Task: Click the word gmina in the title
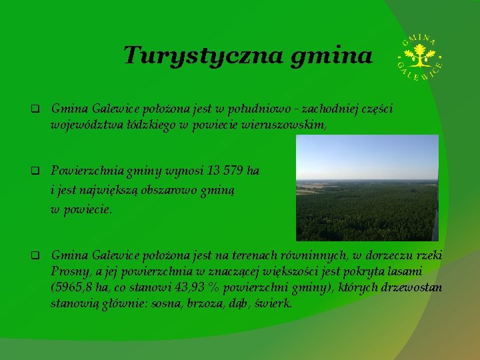(331, 56)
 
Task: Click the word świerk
(273, 304)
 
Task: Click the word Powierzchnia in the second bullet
(85, 171)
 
